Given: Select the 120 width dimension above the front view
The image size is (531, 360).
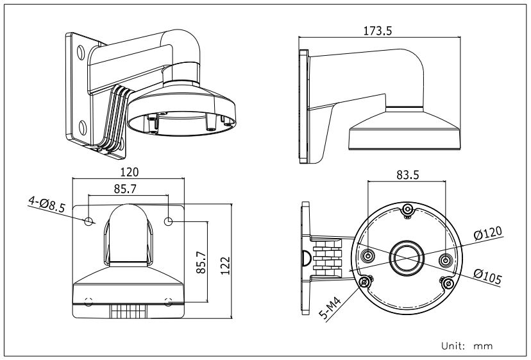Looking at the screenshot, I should (x=131, y=172).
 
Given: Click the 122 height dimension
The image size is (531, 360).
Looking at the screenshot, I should (x=224, y=261).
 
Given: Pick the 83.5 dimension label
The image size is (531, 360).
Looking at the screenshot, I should (x=407, y=174).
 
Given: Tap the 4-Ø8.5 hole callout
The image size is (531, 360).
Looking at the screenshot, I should (x=46, y=204).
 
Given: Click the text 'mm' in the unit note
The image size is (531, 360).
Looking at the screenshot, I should (x=483, y=346).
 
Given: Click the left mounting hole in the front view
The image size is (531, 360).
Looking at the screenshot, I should (x=89, y=221).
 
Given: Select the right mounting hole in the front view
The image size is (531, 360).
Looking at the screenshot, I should (x=169, y=221).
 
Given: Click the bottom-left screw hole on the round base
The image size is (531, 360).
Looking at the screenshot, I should (x=366, y=283).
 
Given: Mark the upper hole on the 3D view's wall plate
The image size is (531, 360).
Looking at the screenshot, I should (x=82, y=51).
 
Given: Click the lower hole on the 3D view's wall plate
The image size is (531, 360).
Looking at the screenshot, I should (x=83, y=124).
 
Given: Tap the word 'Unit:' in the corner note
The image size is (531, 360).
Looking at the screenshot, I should (x=453, y=346).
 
